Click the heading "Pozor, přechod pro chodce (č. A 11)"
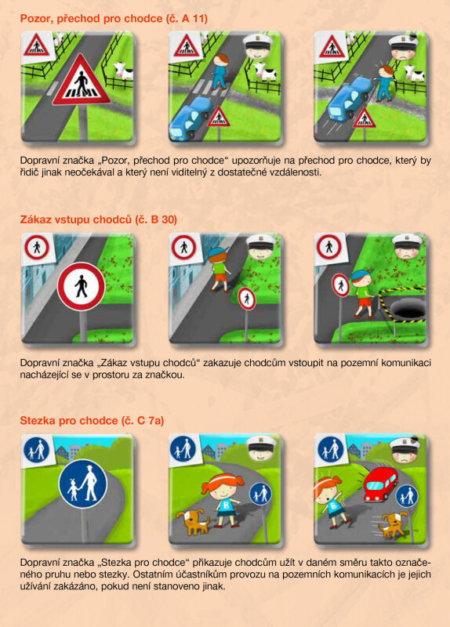(x=114, y=18)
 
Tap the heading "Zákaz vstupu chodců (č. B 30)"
(x=99, y=219)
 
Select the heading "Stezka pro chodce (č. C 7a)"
(x=92, y=421)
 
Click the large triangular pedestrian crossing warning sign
(x=82, y=81)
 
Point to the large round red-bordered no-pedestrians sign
(x=82, y=286)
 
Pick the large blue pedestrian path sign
(x=83, y=484)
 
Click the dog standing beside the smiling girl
(x=193, y=521)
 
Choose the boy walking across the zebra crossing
(x=219, y=71)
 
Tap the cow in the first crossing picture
(x=124, y=71)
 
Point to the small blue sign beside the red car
(x=407, y=497)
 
